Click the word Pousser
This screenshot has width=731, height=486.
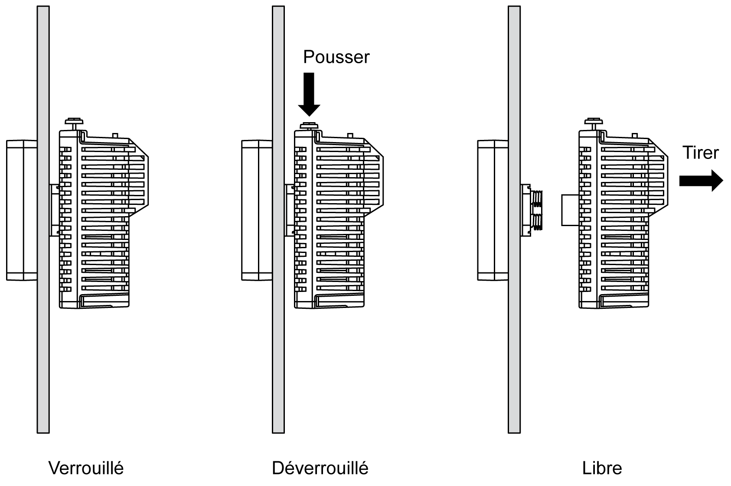(x=336, y=57)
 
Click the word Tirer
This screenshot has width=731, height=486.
(x=700, y=152)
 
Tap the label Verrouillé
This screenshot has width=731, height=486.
(x=86, y=468)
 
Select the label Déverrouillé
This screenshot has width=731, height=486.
(x=320, y=468)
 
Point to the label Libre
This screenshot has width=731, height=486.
(x=602, y=468)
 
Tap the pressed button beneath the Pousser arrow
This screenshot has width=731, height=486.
(x=308, y=126)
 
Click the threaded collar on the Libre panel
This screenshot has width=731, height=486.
(x=537, y=210)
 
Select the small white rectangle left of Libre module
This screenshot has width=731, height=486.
(x=570, y=210)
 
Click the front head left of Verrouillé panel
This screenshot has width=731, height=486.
(x=21, y=210)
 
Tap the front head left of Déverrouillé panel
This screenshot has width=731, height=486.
(x=256, y=210)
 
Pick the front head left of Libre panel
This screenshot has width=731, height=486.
(x=492, y=210)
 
